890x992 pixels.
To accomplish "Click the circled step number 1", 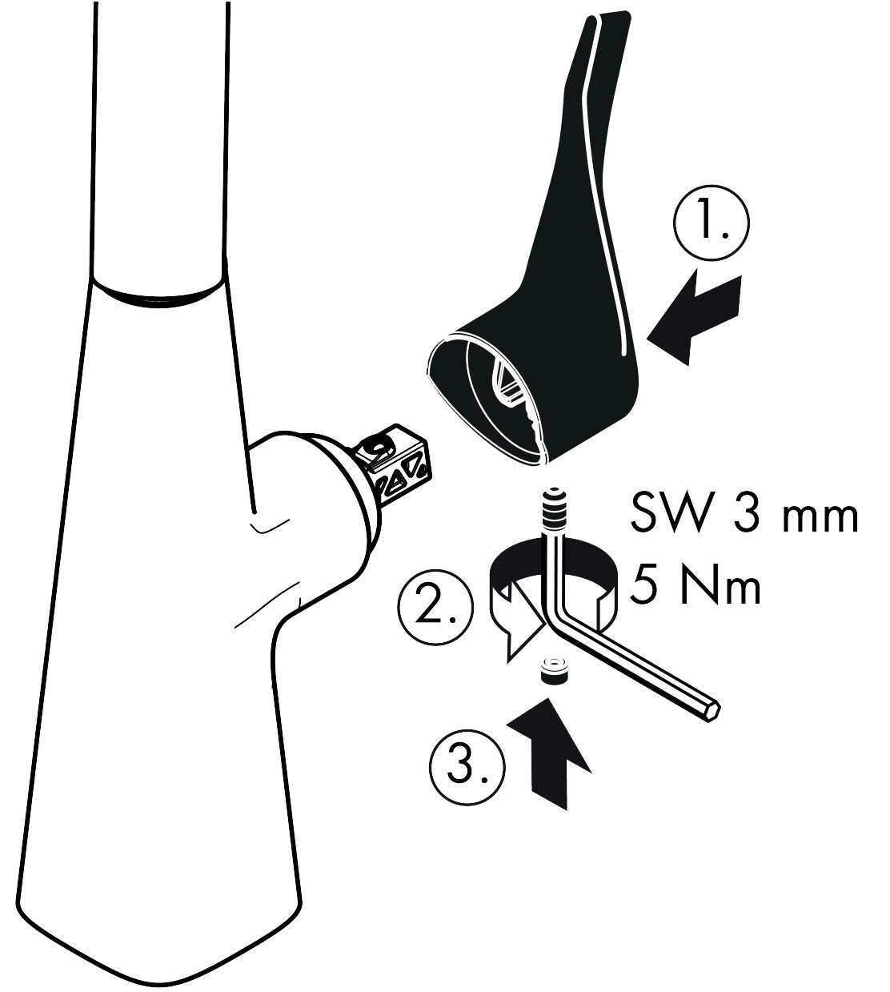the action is point(712,223).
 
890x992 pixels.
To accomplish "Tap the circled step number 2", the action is point(435,608).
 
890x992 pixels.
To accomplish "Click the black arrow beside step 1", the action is point(696,317).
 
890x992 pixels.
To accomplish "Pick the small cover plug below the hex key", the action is point(554,670).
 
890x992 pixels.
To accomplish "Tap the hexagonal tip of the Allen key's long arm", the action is point(713,711).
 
